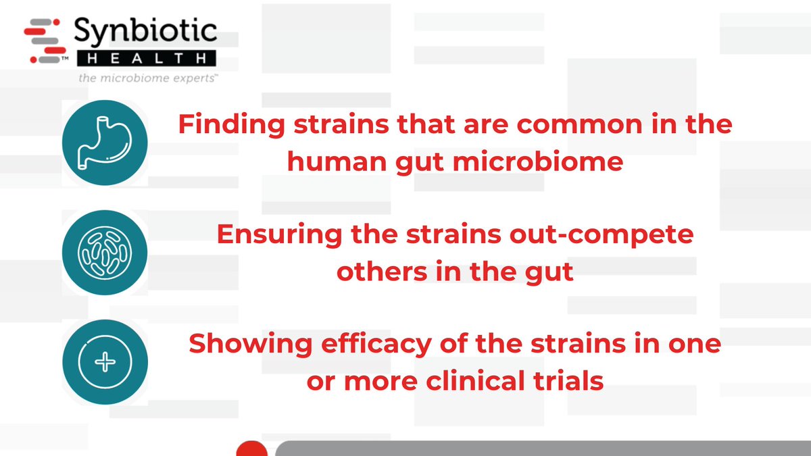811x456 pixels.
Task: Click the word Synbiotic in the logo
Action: pos(145,30)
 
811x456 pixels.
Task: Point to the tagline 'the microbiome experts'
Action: pos(147,78)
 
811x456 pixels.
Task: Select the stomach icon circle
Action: pos(104,143)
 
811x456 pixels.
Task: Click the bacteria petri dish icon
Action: pos(104,254)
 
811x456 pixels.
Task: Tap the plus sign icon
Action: pos(104,362)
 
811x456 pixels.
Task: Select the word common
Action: pos(556,126)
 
